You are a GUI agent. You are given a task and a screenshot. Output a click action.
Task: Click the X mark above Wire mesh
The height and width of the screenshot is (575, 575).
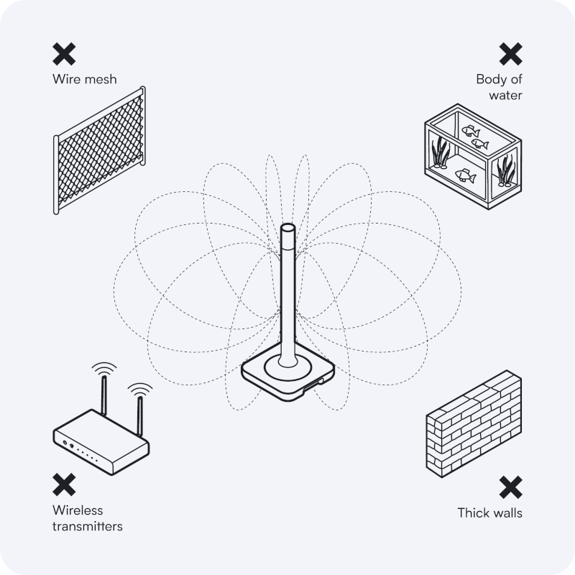[x=64, y=53]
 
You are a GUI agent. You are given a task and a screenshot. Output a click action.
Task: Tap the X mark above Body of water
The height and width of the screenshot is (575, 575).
[x=510, y=53]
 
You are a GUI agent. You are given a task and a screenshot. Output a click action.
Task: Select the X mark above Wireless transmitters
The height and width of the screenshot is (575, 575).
[x=64, y=484]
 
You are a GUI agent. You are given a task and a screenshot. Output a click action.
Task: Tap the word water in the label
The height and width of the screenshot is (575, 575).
[x=506, y=95]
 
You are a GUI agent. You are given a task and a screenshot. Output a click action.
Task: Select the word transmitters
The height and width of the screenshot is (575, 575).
[x=87, y=526]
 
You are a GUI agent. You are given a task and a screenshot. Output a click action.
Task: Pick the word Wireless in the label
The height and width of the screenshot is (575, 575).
[x=78, y=510]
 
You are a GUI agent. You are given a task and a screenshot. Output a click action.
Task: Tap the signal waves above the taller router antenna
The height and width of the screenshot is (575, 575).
[x=106, y=369]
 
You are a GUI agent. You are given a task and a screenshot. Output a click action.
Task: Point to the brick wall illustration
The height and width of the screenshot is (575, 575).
[x=472, y=424]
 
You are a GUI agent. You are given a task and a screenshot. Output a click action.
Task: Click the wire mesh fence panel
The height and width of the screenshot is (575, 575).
[x=100, y=150]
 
